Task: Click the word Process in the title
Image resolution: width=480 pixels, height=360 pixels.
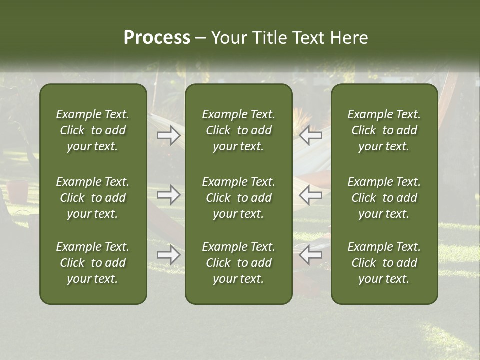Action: click(157, 38)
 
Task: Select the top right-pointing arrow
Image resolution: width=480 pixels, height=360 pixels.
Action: click(169, 135)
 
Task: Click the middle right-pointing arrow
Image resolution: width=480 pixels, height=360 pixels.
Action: click(169, 195)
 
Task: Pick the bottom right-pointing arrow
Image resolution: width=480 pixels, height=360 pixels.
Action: click(169, 255)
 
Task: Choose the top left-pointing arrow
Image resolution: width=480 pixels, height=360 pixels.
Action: click(311, 135)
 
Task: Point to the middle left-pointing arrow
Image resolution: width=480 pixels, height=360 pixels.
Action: click(311, 195)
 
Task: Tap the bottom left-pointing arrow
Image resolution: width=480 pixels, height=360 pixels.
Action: click(311, 255)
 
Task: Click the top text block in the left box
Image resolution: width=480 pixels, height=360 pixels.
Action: click(93, 130)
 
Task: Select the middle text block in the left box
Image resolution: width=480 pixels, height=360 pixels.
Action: click(93, 198)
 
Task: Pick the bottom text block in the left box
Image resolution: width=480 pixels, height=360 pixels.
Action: click(93, 263)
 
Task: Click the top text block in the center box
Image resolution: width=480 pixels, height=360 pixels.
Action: click(238, 130)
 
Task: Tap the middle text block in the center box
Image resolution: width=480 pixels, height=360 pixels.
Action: click(238, 198)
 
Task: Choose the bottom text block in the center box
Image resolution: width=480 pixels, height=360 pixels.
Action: click(238, 263)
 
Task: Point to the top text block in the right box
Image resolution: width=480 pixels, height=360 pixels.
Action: click(384, 130)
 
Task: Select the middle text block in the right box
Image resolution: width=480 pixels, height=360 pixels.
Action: click(384, 198)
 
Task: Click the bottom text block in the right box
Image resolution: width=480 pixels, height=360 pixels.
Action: click(384, 263)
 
